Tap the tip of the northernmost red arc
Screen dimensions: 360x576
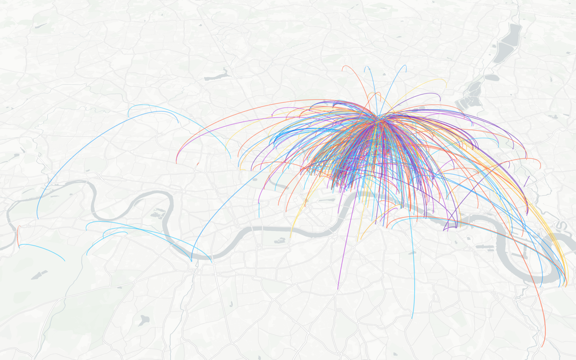pos(342,71)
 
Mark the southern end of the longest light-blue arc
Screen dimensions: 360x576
pos(412,318)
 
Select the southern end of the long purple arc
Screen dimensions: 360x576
pos(338,289)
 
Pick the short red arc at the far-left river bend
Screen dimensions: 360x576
pos(18,236)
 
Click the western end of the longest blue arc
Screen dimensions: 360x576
pos(37,218)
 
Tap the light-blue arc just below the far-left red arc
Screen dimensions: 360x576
pos(43,249)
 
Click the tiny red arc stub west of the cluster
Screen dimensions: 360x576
pos(197,164)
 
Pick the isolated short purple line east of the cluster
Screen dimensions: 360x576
pos(527,181)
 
